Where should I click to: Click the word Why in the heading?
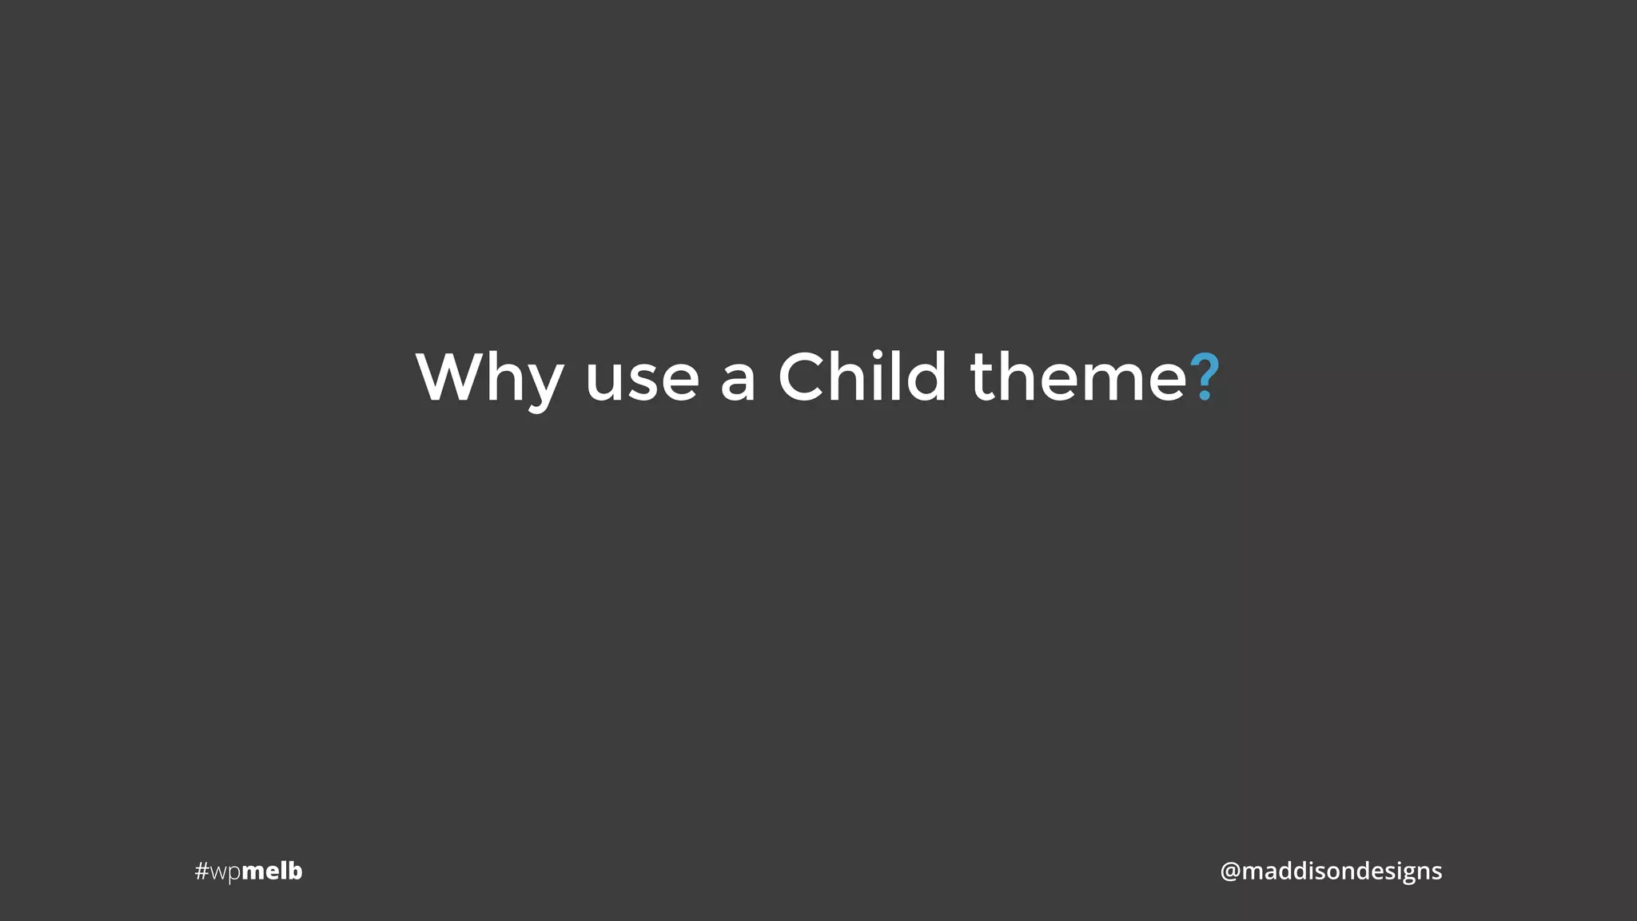(489, 378)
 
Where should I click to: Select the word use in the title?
(642, 378)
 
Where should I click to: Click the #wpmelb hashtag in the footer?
(249, 871)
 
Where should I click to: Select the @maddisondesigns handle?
(1331, 871)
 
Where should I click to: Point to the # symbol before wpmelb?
(201, 871)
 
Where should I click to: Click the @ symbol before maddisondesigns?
(1229, 871)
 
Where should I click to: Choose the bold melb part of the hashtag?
(272, 871)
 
